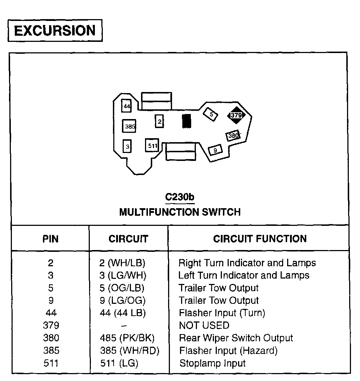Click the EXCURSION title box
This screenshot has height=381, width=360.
point(55,31)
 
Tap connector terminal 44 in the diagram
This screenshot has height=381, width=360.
point(127,106)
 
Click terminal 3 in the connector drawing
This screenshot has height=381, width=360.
point(127,146)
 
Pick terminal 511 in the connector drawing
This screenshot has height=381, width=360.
point(152,146)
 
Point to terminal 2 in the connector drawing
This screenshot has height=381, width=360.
point(159,121)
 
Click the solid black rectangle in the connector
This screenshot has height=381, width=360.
point(186,121)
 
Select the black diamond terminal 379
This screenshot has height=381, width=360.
point(236,115)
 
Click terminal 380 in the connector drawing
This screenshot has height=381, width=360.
point(233,136)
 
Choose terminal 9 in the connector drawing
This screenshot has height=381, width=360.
point(215,150)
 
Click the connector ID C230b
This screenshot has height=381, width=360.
point(180,197)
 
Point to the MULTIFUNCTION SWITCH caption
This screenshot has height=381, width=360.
point(180,212)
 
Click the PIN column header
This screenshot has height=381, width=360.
point(51,238)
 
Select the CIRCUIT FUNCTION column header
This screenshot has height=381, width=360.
point(260,238)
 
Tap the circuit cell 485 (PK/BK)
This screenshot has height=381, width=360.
point(127,338)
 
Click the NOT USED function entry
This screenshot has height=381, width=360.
point(204,325)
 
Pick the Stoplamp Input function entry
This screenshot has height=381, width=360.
point(212,363)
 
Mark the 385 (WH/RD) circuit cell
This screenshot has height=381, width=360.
point(129,350)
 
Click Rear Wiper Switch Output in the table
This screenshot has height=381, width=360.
point(236,338)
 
